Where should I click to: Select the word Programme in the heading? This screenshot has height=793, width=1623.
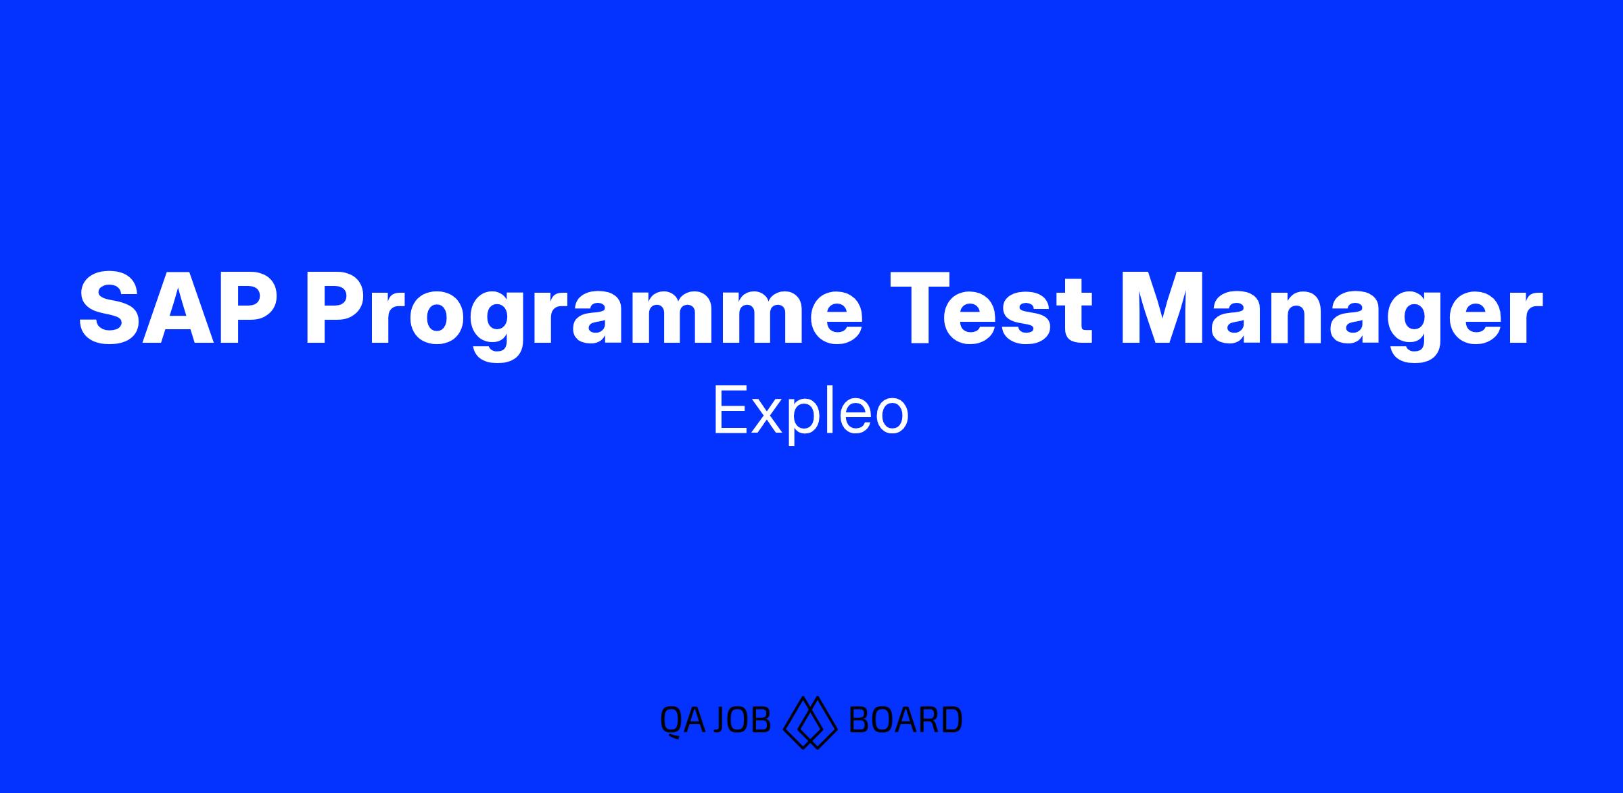[583, 316]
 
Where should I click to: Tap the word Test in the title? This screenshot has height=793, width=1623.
[991, 308]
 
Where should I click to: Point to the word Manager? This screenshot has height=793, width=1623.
[1332, 316]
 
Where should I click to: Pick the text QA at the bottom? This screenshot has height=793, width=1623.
[682, 720]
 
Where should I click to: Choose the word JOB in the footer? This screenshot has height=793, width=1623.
[742, 720]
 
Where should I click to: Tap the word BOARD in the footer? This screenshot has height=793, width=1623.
[905, 720]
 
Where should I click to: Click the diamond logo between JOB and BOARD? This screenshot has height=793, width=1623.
[810, 722]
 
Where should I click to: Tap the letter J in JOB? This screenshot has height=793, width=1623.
[721, 720]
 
